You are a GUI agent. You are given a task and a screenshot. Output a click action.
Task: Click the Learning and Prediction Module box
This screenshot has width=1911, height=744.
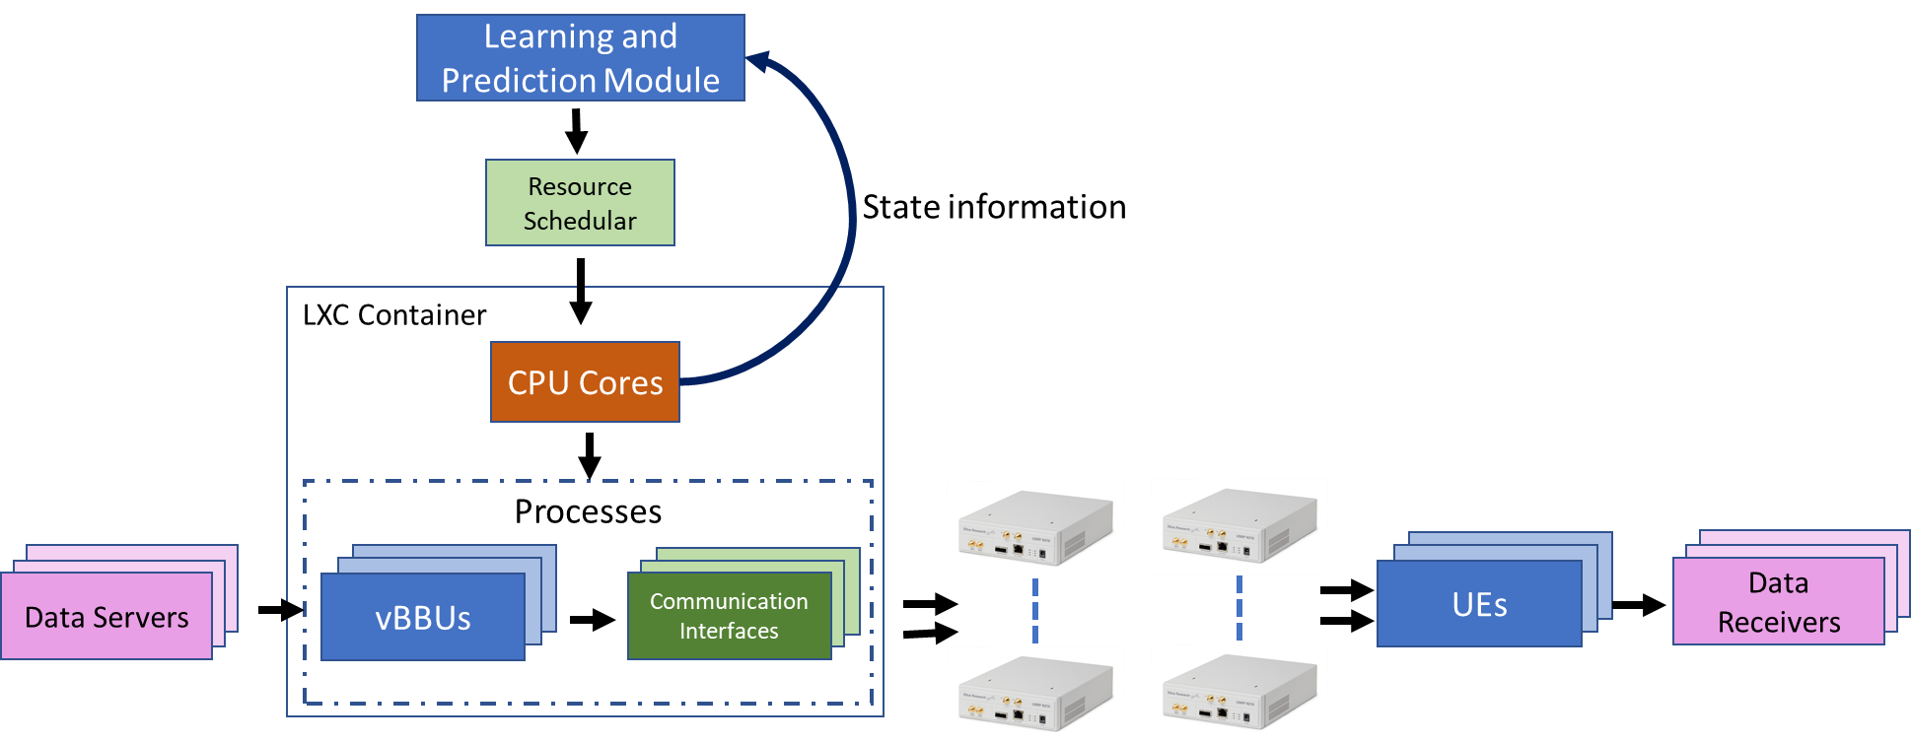click(x=580, y=57)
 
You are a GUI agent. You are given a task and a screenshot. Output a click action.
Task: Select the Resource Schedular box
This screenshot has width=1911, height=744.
click(x=580, y=203)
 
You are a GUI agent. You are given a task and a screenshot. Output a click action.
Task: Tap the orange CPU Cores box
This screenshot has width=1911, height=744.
click(x=585, y=382)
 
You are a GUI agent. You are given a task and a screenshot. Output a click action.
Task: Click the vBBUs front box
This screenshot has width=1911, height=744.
click(x=423, y=617)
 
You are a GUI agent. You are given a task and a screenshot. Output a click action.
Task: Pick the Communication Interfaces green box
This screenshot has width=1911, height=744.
click(x=729, y=616)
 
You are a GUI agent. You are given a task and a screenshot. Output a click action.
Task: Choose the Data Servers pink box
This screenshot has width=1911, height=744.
click(x=106, y=617)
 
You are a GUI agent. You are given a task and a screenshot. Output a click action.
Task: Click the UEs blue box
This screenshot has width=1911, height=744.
click(x=1479, y=604)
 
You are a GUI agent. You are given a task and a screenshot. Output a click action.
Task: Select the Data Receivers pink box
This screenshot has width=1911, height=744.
click(x=1778, y=602)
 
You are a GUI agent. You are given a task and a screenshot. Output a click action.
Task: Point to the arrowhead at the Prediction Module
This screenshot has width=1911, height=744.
click(x=757, y=62)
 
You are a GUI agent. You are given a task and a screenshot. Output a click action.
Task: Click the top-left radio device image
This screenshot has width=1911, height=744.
click(x=1035, y=529)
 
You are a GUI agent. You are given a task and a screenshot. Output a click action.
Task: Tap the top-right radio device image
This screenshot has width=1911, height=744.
click(x=1239, y=527)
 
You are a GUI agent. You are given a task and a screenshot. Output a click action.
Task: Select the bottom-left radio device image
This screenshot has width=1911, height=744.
click(x=1035, y=695)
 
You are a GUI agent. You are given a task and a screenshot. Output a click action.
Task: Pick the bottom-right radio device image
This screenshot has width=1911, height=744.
click(x=1239, y=693)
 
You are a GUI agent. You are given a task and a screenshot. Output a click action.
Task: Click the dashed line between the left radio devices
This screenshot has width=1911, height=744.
click(x=1035, y=612)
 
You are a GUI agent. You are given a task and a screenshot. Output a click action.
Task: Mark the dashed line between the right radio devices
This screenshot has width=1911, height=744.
click(x=1239, y=610)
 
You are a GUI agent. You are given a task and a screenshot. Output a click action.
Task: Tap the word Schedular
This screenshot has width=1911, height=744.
click(x=580, y=221)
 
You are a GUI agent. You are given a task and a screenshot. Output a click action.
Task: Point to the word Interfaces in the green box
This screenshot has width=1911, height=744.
click(x=729, y=631)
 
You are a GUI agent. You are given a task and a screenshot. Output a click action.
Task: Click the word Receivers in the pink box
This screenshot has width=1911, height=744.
click(x=1779, y=623)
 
